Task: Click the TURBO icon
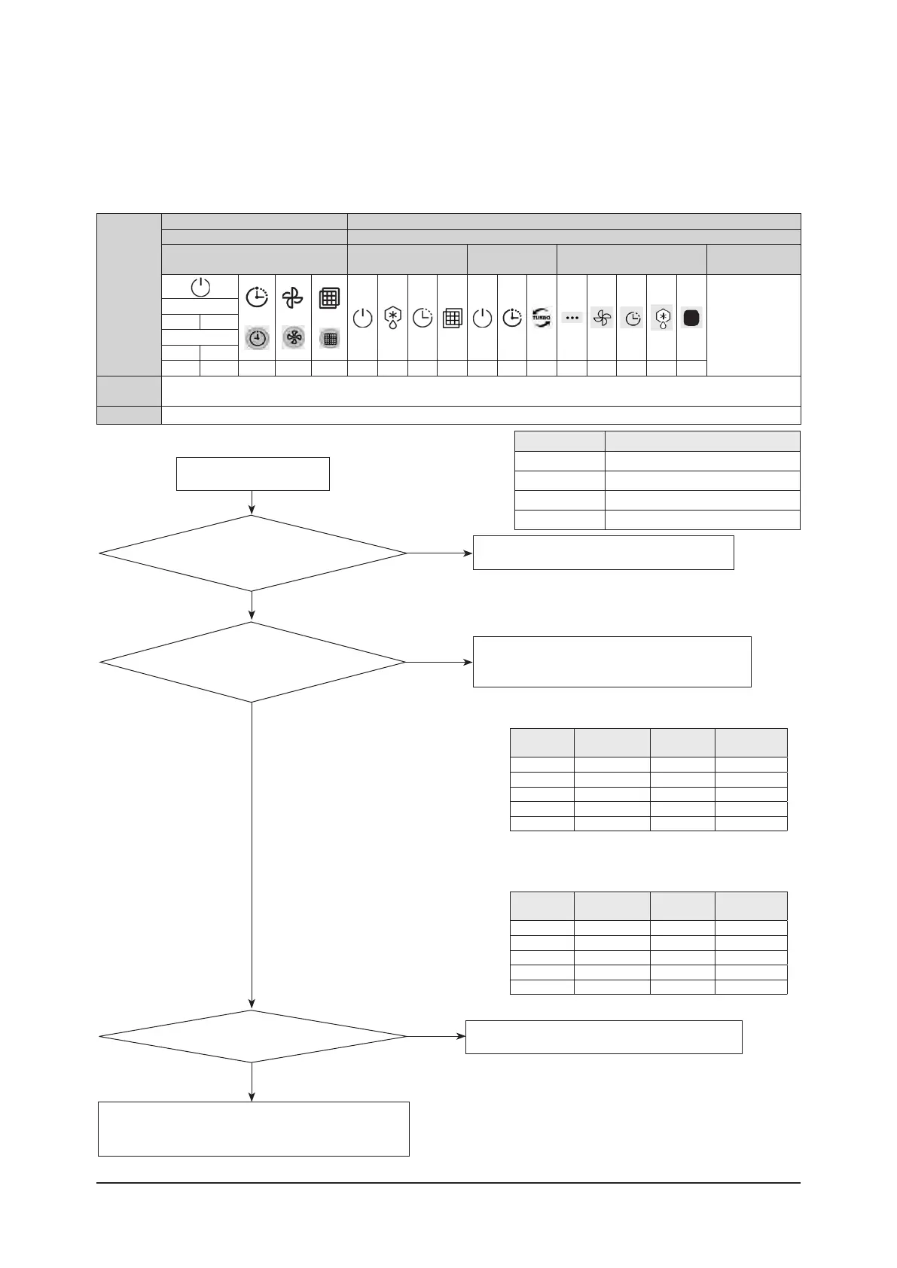(x=542, y=318)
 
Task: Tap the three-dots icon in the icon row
(x=572, y=318)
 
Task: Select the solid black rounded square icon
(x=691, y=318)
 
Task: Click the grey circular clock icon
(x=257, y=338)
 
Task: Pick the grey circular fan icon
(x=293, y=337)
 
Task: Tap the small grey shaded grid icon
(x=329, y=339)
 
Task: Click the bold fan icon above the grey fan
(x=292, y=298)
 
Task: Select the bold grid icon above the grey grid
(x=329, y=297)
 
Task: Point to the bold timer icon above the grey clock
(x=257, y=297)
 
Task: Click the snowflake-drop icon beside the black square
(x=662, y=318)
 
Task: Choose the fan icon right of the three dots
(x=602, y=318)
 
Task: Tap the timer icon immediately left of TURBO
(x=512, y=318)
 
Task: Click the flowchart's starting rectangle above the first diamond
(x=252, y=474)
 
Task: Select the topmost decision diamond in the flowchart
(x=252, y=553)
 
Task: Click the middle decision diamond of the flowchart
(x=252, y=663)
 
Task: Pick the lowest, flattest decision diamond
(x=252, y=1036)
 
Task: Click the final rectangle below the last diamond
(x=254, y=1129)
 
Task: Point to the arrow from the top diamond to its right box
(x=439, y=553)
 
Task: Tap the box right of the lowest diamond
(x=604, y=1037)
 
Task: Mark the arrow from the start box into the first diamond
(x=252, y=502)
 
